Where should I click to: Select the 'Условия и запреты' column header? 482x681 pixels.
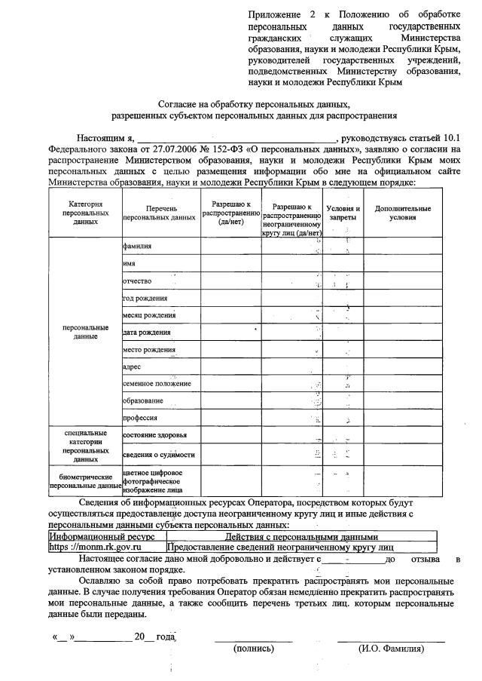click(x=343, y=213)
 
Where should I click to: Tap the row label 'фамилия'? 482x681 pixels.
click(x=137, y=246)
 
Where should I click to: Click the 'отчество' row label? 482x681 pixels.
click(x=139, y=281)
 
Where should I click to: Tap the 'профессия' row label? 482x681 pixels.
click(x=140, y=418)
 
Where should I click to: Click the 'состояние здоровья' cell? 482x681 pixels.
click(x=155, y=436)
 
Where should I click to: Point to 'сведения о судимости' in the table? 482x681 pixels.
click(x=159, y=454)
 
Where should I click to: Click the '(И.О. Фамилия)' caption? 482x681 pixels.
click(x=391, y=649)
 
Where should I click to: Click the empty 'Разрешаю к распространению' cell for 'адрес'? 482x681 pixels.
click(x=230, y=367)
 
